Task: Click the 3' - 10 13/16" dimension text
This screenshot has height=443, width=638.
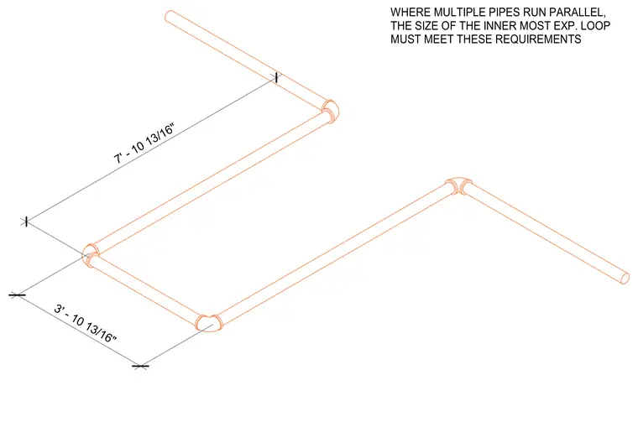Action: pyautogui.click(x=86, y=323)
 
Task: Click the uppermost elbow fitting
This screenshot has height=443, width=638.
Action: pyautogui.click(x=331, y=111)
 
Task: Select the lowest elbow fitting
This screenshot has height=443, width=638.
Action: pyautogui.click(x=209, y=323)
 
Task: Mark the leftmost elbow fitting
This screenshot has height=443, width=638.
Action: pyautogui.click(x=91, y=254)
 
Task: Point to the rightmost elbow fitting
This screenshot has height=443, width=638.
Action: pyautogui.click(x=459, y=185)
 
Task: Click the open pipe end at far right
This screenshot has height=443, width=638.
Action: pyautogui.click(x=625, y=278)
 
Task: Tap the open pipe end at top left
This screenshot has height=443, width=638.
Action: pyautogui.click(x=170, y=16)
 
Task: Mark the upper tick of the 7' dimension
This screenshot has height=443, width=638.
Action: pyautogui.click(x=276, y=77)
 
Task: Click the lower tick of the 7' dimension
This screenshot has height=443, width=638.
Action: pyautogui.click(x=26, y=221)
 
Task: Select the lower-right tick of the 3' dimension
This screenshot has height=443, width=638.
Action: pyautogui.click(x=140, y=367)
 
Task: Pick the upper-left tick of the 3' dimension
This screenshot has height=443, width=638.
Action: pyautogui.click(x=17, y=294)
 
